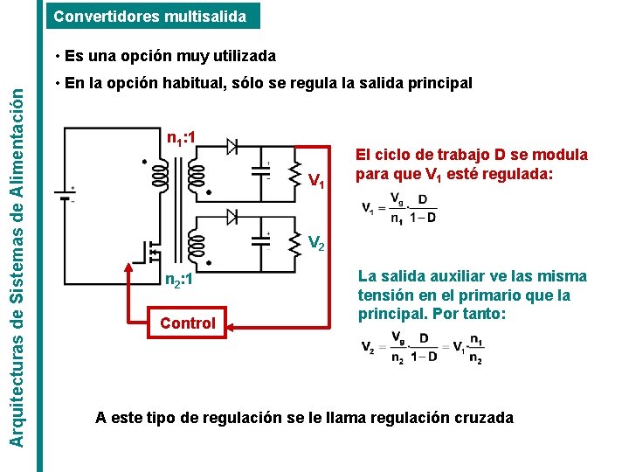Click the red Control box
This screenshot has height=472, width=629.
click(x=188, y=323)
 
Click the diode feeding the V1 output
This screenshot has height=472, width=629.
click(x=233, y=146)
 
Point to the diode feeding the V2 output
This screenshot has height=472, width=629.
click(x=233, y=215)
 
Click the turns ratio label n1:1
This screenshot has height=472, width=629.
click(x=185, y=137)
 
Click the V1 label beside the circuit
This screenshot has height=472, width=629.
click(x=318, y=183)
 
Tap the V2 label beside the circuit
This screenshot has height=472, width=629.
click(x=317, y=244)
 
